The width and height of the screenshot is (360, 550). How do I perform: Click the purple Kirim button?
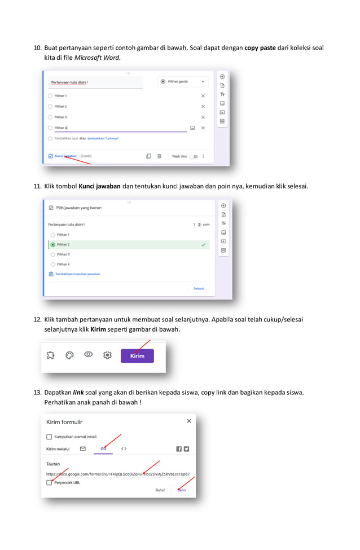coord(137,356)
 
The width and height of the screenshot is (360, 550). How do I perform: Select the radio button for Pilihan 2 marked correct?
coord(53,245)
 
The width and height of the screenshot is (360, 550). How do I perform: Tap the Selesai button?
coord(199,288)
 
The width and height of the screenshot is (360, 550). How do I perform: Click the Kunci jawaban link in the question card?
coord(65,156)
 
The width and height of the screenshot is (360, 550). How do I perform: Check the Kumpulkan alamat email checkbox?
coord(49,437)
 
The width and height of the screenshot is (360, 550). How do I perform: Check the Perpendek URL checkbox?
coord(49,483)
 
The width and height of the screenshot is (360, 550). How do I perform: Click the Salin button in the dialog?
coord(182,490)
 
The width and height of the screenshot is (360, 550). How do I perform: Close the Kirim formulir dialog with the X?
coord(188,421)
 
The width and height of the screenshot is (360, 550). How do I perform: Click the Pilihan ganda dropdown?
coord(183,82)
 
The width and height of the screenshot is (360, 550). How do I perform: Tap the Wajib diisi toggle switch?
coord(194,156)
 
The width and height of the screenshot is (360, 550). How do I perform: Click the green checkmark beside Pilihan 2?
coord(203,245)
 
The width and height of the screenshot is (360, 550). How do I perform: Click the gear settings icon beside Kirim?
coord(108,355)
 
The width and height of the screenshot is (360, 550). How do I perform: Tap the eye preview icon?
coord(88,355)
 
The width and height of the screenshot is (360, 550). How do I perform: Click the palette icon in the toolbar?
coord(69,355)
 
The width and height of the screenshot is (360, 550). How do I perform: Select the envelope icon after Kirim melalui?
coord(83,449)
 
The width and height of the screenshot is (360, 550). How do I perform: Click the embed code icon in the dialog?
coord(124,449)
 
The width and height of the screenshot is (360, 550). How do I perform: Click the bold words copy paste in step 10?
coord(260,48)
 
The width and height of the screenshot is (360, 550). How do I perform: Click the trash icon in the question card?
coord(160,156)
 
